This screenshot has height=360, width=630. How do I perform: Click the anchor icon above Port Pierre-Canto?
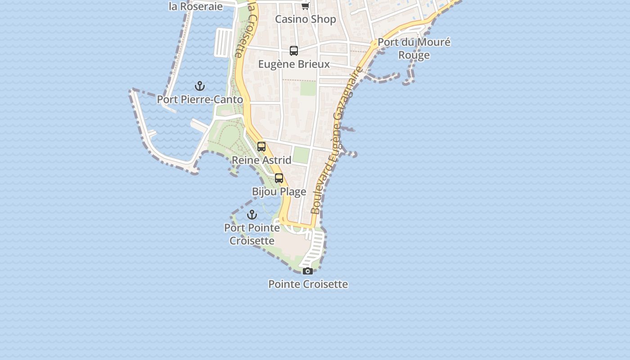(200, 86)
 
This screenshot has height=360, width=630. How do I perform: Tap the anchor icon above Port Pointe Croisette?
(252, 215)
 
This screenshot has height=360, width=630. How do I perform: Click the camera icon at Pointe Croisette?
(308, 271)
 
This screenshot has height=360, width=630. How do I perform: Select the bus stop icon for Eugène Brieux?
(294, 51)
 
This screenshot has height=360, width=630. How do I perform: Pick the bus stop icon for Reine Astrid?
(261, 147)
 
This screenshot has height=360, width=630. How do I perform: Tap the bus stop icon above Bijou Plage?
(279, 178)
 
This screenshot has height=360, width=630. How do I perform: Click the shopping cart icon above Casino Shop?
(306, 6)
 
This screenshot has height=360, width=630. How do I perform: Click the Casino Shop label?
(306, 19)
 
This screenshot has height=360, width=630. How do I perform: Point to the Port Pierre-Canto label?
(200, 99)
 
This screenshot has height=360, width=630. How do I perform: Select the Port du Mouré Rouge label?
(414, 49)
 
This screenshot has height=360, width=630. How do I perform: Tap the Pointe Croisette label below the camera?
(308, 284)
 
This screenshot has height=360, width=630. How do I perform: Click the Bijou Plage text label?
(279, 192)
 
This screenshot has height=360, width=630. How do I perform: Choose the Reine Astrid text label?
(261, 160)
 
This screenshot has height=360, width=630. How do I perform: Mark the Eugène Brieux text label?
(294, 64)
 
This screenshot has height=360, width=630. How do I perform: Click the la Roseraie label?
(196, 6)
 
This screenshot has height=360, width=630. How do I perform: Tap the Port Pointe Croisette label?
(252, 234)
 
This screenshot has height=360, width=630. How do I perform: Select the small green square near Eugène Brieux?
(308, 88)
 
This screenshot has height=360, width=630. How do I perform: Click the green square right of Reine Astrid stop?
(301, 155)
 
